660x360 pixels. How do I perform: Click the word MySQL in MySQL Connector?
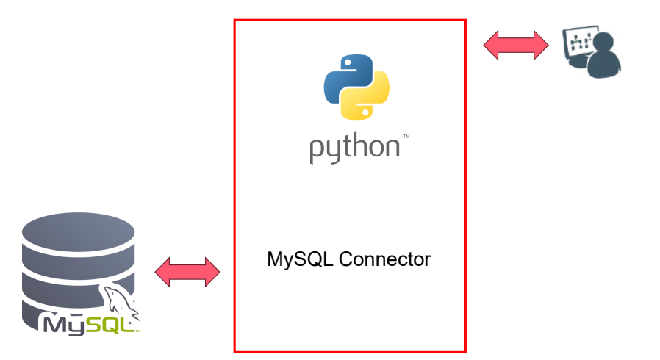[300, 260]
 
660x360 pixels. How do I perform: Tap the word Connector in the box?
[384, 259]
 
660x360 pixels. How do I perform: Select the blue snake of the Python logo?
[347, 78]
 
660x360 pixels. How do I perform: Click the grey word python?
[354, 148]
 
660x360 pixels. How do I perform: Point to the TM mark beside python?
[406, 136]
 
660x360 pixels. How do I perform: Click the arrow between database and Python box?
[187, 272]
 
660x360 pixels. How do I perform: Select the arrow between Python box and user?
[516, 45]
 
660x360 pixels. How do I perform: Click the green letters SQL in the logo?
[112, 325]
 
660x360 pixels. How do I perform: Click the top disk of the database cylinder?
[79, 231]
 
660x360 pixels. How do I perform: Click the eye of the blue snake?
[347, 62]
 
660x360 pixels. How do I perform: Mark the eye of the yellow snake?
[366, 112]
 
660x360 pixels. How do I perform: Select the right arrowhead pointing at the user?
[541, 45]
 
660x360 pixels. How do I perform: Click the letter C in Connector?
[346, 259]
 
